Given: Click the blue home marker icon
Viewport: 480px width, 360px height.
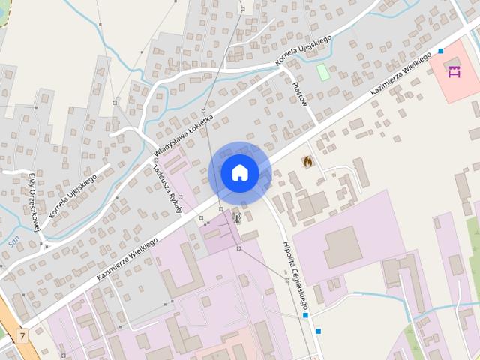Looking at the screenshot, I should tap(240, 173).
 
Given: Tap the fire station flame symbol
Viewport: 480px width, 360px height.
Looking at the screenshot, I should tap(307, 161).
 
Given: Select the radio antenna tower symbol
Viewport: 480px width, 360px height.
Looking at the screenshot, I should tap(235, 219).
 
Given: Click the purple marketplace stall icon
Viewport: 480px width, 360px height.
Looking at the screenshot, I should tap(453, 72).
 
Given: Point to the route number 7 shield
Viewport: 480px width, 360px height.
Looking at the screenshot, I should tap(22, 336).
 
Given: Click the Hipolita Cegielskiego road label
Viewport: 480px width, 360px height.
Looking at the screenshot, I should tap(295, 275).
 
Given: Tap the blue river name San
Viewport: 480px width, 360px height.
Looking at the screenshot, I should tap(13, 241).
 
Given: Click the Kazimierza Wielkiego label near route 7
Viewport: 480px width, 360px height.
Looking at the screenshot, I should tap(127, 259).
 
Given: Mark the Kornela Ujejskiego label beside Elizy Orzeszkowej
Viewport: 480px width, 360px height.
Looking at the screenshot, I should tap(73, 196).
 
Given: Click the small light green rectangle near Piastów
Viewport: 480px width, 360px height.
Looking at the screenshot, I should tap(323, 72).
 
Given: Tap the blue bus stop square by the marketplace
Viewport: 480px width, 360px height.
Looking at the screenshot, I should tap(441, 51).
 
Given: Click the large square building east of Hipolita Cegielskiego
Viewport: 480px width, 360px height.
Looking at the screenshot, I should tap(343, 247).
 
